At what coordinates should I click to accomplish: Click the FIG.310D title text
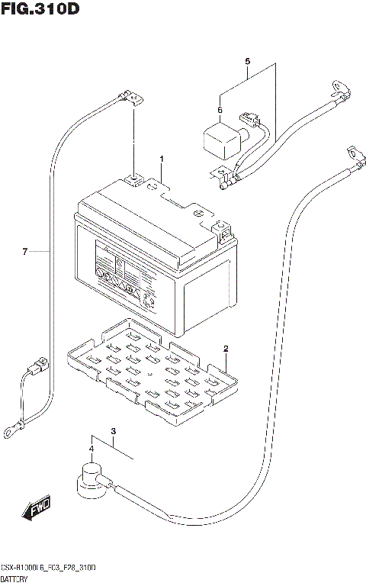[x=40, y=9]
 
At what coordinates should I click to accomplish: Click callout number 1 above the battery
[x=162, y=159]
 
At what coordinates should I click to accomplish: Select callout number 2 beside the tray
[x=226, y=349]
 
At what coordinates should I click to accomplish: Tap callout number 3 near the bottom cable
[x=113, y=433]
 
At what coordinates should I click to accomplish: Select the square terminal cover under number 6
[x=218, y=140]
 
